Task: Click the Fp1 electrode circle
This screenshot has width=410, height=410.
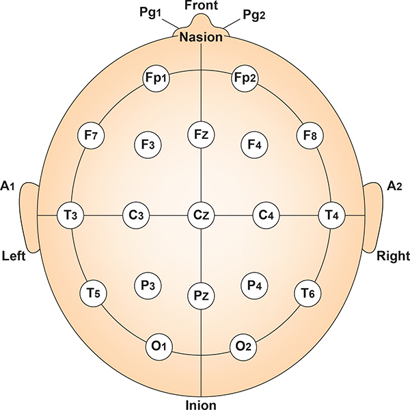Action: pos(157,78)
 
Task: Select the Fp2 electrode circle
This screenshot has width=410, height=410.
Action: pos(245,78)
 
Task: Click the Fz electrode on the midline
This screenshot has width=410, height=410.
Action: pos(201,134)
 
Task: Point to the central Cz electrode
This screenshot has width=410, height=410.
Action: pos(201,215)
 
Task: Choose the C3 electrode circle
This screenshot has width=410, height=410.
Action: pos(136,215)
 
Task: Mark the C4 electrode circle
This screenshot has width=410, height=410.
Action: pos(266,215)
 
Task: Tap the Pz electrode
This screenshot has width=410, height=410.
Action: pos(201,296)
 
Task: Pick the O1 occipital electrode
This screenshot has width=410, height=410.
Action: pos(159,346)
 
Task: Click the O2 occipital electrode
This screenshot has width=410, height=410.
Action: pos(244,346)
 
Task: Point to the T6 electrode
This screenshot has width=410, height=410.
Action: pos(308,294)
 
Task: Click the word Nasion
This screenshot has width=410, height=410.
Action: pos(201,38)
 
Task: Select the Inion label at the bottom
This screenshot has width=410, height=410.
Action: pos(201,404)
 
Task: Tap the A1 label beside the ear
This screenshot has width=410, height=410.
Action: pos(8,185)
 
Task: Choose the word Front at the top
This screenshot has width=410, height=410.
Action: pos(201,5)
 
